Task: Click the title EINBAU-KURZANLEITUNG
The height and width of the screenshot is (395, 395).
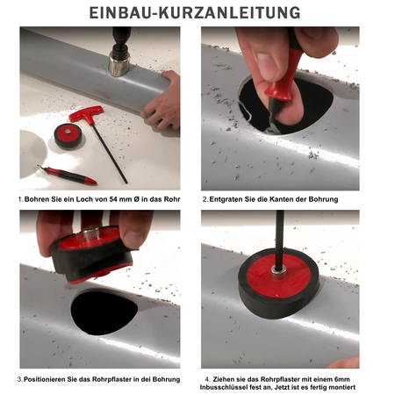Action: click(195, 13)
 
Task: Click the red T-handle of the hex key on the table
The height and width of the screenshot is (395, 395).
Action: click(87, 113)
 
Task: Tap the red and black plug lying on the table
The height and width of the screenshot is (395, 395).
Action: click(68, 135)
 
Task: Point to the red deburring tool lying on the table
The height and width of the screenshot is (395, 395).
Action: click(68, 175)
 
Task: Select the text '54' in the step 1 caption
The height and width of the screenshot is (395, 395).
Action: click(113, 199)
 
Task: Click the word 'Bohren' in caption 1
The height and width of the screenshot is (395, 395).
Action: click(35, 199)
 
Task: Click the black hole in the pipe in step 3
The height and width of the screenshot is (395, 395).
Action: click(104, 312)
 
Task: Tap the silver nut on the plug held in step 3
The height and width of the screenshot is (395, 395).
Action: click(91, 233)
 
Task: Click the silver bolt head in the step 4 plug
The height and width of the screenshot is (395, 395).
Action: click(278, 272)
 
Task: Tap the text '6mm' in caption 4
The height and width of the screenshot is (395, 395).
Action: click(341, 379)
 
